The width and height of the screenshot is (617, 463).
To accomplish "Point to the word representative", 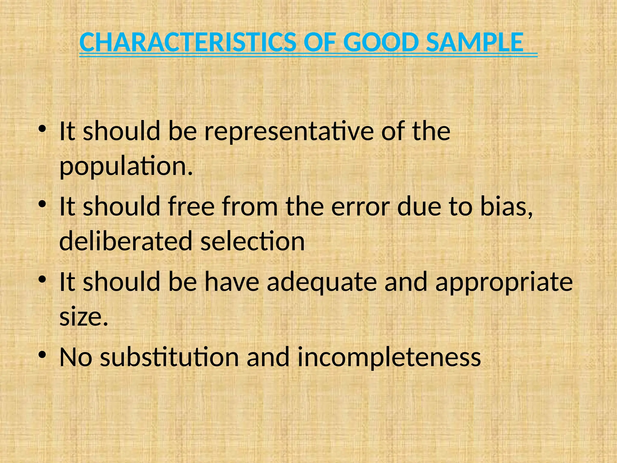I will (x=289, y=131).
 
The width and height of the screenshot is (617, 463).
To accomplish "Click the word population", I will (x=126, y=166).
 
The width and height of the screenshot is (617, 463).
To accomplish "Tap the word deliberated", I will (x=126, y=241).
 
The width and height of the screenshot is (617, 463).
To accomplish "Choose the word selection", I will (x=252, y=241).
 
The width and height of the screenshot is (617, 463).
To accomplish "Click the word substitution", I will (x=169, y=357).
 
